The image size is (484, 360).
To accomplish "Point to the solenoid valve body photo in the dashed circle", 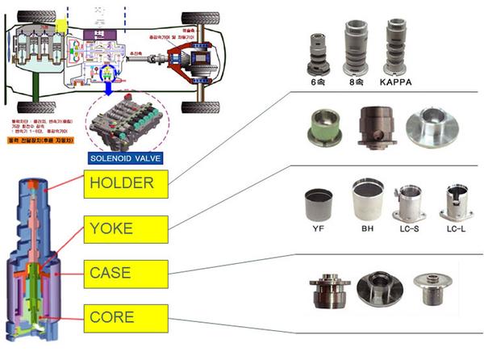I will click(127, 118).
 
